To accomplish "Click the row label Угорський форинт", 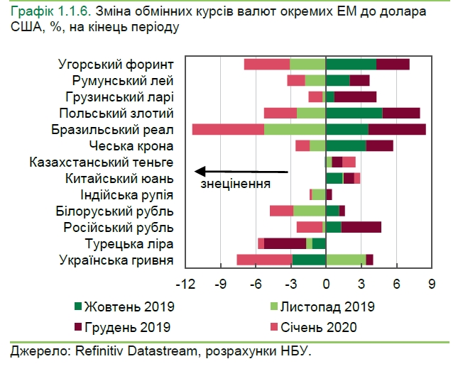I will click(116, 64).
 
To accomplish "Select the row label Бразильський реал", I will click(113, 129).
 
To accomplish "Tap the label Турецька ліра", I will click(129, 243).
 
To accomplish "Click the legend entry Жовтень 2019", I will click(124, 307).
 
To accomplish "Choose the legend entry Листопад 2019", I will click(326, 307).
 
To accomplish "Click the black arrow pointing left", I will click(241, 171).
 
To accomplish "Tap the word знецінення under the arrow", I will click(236, 184).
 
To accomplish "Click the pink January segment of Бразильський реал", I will click(228, 129).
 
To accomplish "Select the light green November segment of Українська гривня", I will click(346, 260).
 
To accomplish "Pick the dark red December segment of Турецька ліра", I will click(285, 243).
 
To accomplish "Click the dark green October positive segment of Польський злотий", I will click(354, 113).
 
